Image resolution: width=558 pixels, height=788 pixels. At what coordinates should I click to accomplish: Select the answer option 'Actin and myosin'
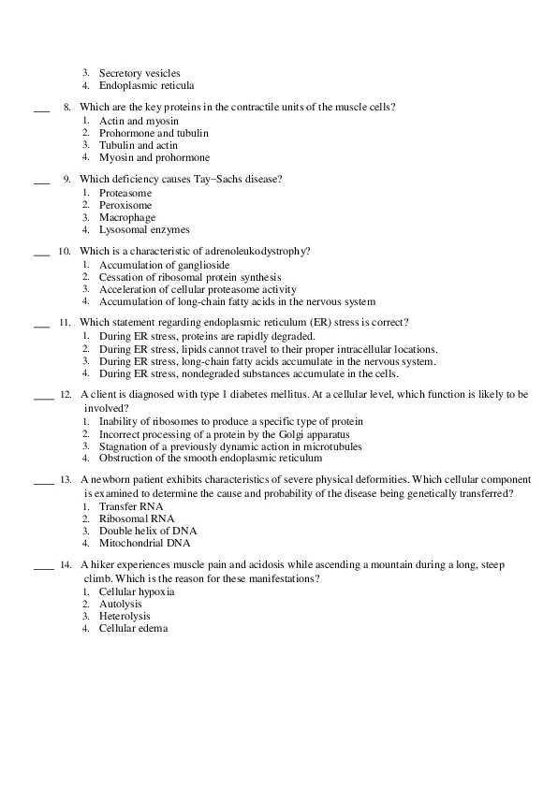click(x=139, y=122)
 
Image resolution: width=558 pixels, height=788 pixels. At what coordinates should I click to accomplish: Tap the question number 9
click(x=67, y=179)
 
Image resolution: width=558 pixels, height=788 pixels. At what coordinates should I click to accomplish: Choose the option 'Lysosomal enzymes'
click(x=144, y=229)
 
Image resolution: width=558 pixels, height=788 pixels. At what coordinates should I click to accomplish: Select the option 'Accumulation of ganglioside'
click(x=164, y=266)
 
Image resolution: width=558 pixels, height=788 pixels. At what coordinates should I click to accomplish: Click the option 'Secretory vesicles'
click(x=139, y=73)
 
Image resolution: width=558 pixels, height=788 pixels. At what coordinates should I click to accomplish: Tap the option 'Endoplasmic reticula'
click(x=146, y=85)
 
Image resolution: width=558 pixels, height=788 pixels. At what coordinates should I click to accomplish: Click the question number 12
click(x=66, y=395)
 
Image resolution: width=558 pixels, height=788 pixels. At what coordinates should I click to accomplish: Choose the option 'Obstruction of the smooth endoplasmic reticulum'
click(x=211, y=459)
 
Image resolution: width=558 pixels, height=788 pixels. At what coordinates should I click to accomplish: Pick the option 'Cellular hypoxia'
click(x=137, y=592)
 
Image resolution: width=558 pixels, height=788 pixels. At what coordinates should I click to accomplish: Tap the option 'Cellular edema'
click(x=133, y=629)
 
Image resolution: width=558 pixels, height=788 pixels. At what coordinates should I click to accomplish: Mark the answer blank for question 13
click(x=44, y=485)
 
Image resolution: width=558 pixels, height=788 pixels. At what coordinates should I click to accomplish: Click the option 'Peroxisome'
click(x=125, y=205)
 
